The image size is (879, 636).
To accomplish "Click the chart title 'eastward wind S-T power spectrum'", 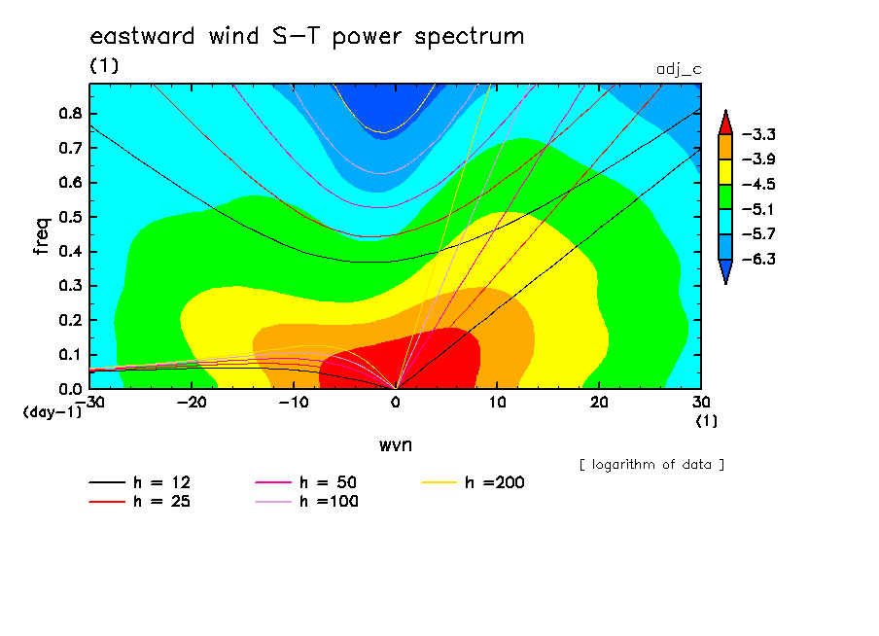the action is tap(307, 36).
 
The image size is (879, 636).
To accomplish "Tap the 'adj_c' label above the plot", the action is tap(679, 70).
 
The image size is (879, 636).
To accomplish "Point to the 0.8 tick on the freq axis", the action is tap(70, 113).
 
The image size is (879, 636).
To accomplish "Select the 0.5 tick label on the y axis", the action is tap(70, 217).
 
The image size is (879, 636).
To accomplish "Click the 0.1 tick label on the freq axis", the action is tap(70, 355).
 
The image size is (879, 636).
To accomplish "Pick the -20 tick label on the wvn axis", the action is tap(192, 403).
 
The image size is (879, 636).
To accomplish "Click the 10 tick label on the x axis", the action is tap(497, 403).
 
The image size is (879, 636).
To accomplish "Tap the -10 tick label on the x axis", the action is tap(294, 403).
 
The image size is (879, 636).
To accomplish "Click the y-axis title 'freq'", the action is tap(42, 236).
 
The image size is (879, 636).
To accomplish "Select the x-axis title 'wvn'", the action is tap(396, 445).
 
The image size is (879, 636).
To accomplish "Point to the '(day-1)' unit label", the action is tap(53, 412).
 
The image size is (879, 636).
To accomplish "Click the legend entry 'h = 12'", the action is tap(140, 482).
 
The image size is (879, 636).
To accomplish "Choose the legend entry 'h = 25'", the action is tap(140, 502).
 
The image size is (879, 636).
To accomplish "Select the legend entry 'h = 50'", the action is tap(306, 482).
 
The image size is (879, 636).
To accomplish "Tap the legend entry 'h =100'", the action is tap(306, 502).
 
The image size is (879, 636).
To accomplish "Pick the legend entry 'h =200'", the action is tap(474, 482).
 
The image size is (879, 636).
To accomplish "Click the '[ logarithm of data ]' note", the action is tap(651, 465).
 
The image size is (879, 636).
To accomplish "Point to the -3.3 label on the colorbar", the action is tap(758, 134).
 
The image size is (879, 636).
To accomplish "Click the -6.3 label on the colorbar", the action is tap(758, 259).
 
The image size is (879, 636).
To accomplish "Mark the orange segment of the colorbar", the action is tap(725, 147).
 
